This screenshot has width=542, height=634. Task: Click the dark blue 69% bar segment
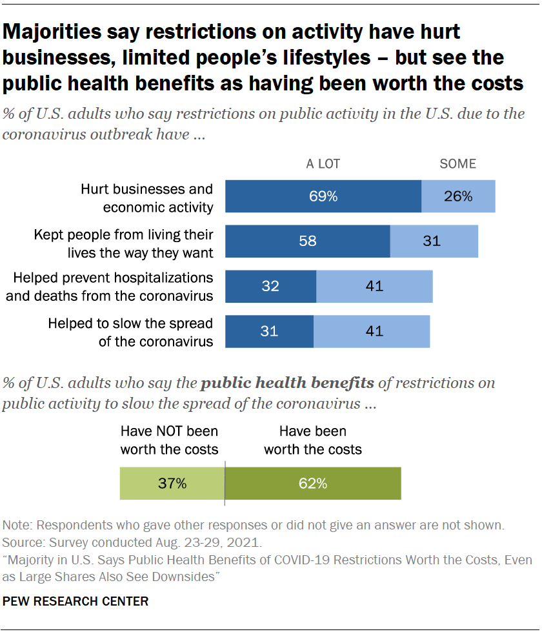[x=323, y=196]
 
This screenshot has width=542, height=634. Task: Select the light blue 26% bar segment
[x=458, y=196]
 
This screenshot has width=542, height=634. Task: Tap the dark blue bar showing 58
[x=307, y=241]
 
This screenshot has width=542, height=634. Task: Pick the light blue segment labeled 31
[x=434, y=241]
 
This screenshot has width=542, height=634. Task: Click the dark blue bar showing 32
[x=270, y=286]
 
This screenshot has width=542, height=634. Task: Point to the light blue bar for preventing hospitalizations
[x=374, y=286]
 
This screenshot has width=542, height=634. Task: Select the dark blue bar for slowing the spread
[x=269, y=331]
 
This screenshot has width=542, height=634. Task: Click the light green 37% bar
[x=172, y=483]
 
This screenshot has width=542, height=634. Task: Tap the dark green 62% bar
[x=313, y=483]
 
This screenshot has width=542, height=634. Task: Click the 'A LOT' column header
[x=323, y=164]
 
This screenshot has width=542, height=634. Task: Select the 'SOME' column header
[x=457, y=164]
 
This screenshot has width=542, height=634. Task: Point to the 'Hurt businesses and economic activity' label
[x=146, y=198]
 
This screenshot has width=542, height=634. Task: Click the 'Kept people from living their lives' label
[x=124, y=242]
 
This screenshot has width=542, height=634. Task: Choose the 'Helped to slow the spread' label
[x=130, y=332]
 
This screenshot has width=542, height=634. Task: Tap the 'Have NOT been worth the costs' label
[x=170, y=440]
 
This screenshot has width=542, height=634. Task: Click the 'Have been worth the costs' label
[x=313, y=440]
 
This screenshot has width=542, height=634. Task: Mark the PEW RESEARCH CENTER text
[x=76, y=601]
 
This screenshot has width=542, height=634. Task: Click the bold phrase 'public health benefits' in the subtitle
[x=288, y=383]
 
